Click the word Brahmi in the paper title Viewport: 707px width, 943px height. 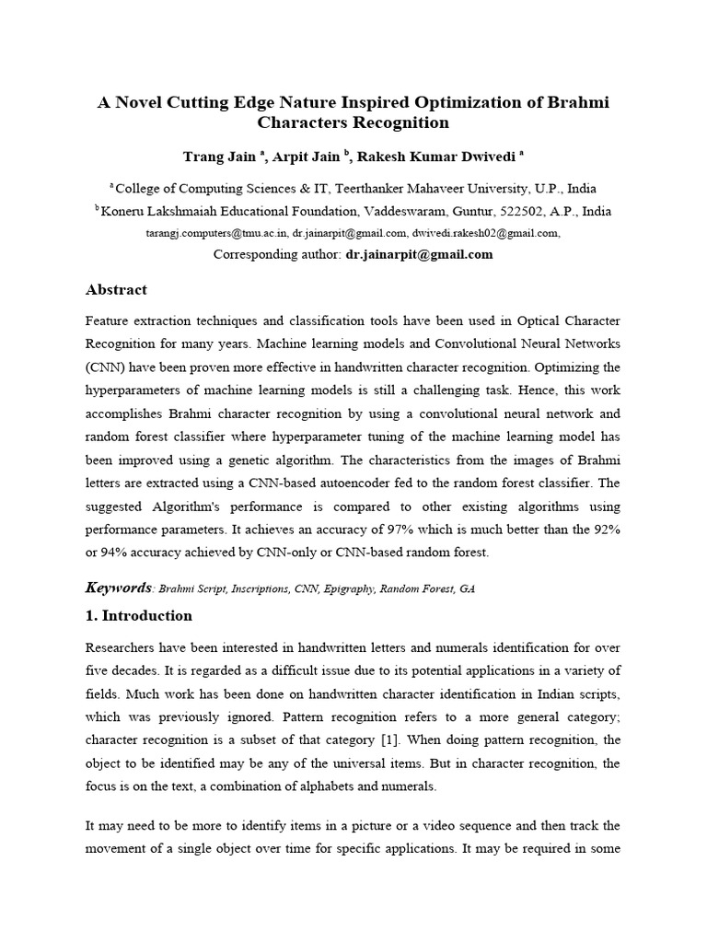[x=579, y=101]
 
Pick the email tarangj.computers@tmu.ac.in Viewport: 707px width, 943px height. [x=217, y=233]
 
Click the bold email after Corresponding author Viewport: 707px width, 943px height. [x=419, y=254]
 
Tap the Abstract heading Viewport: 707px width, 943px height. [x=116, y=289]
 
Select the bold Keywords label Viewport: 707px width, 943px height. [x=118, y=588]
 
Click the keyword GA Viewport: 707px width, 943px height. [x=467, y=588]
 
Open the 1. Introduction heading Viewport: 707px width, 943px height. [x=139, y=615]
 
